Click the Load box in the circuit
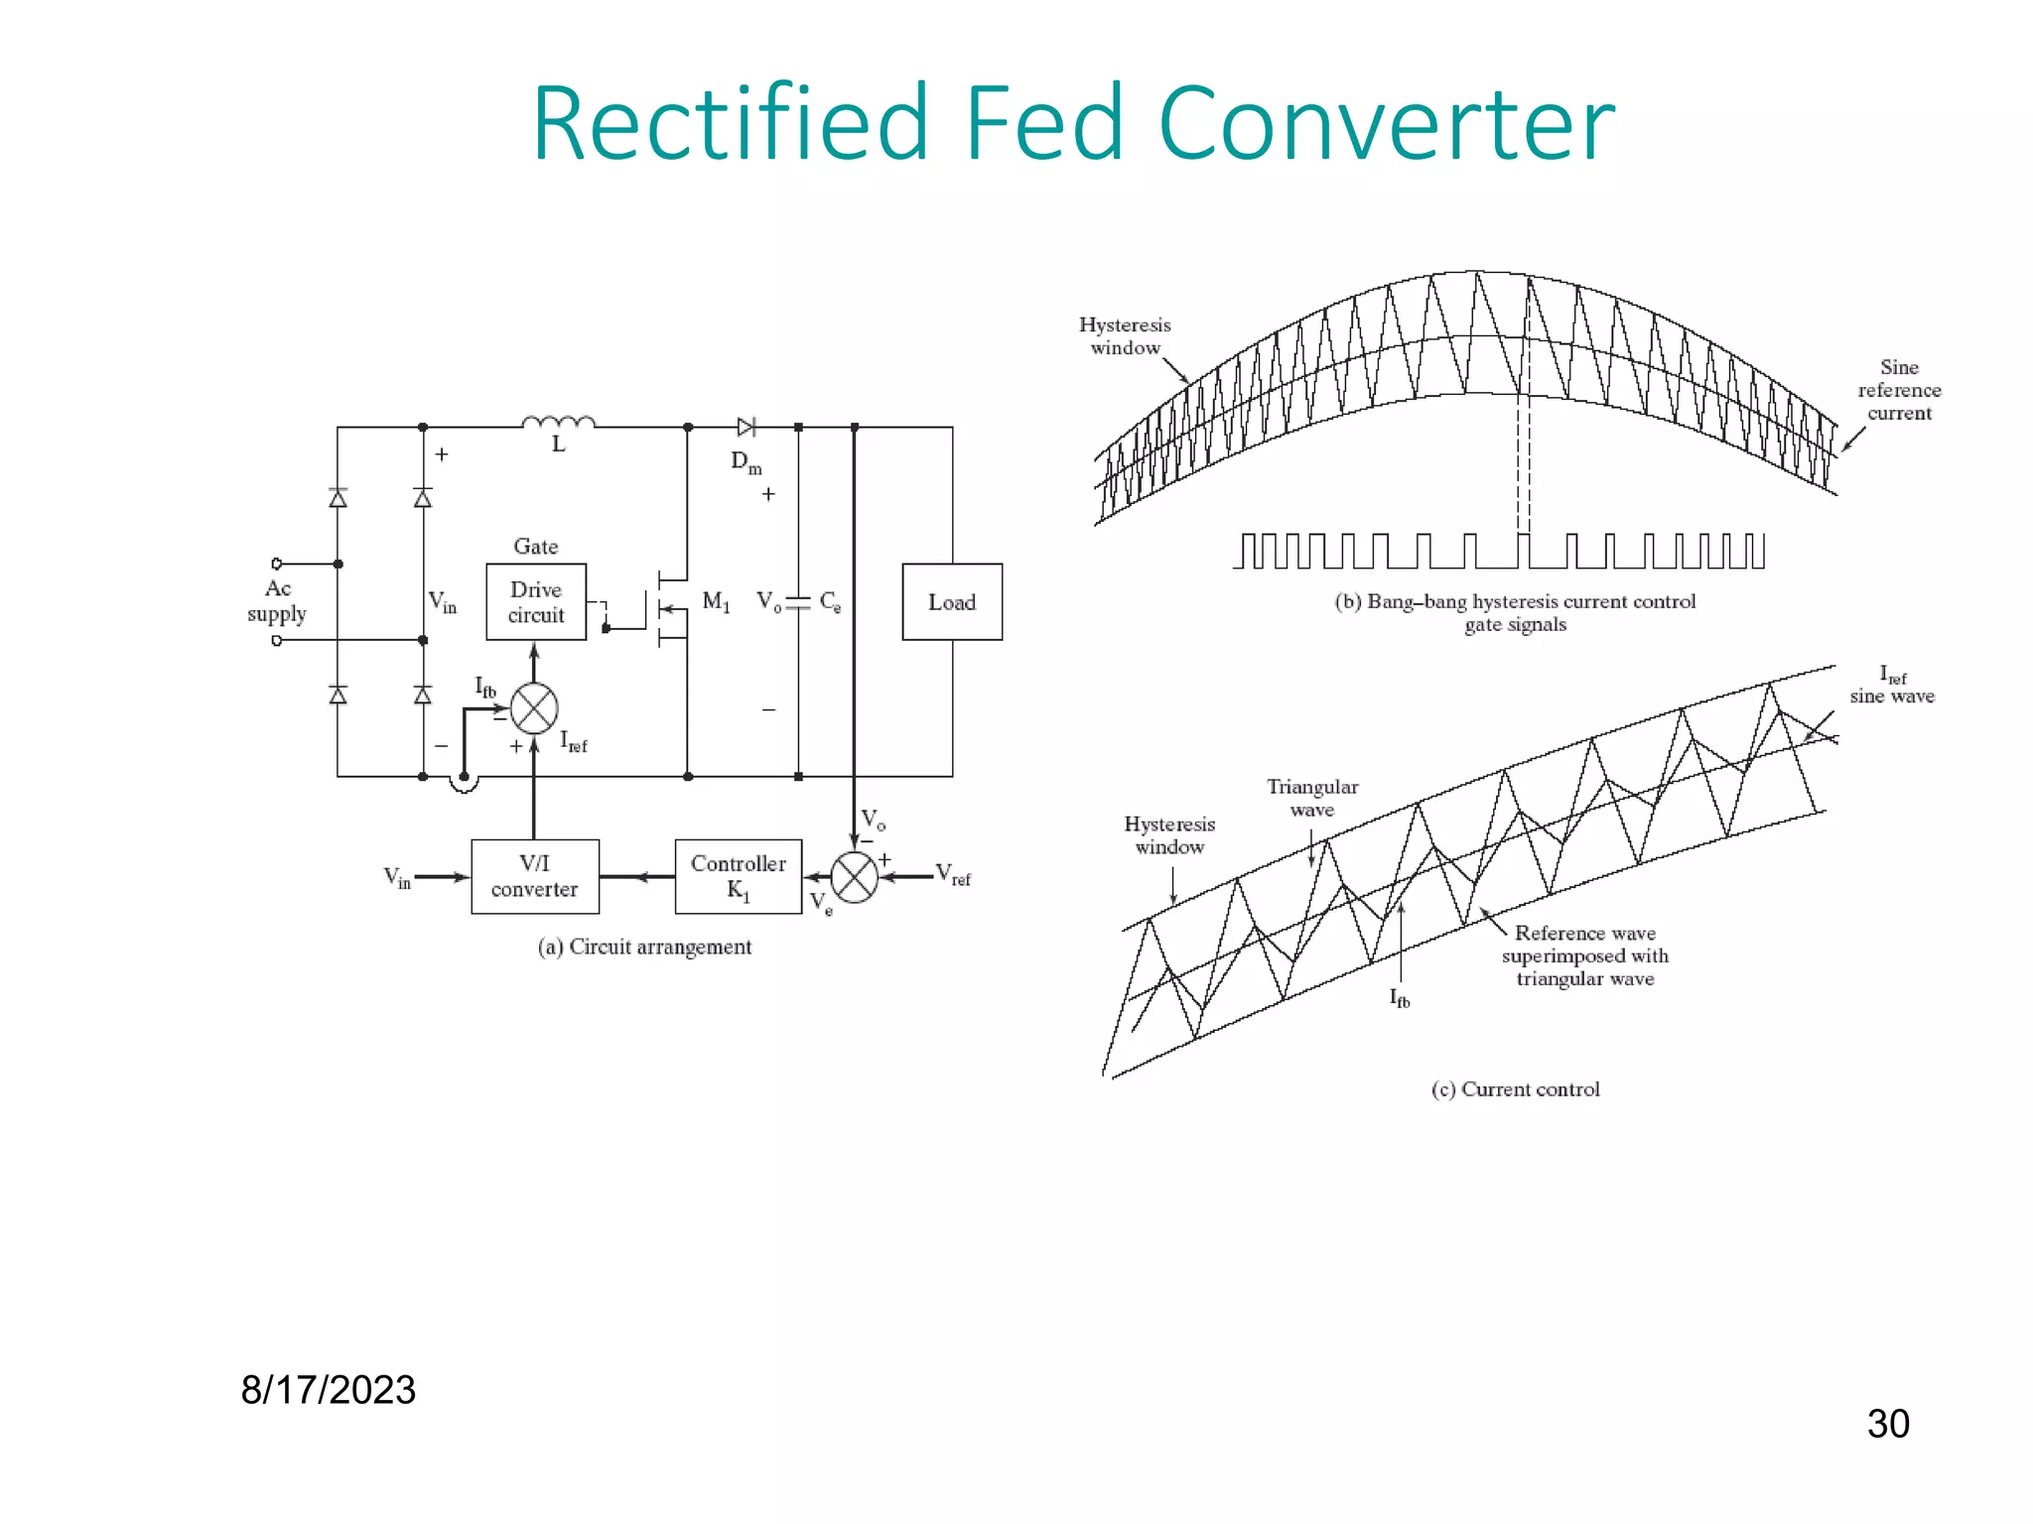click(x=951, y=602)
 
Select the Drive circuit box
click(x=536, y=602)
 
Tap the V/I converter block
click(x=535, y=876)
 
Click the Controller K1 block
click(x=738, y=876)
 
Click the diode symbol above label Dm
click(x=746, y=428)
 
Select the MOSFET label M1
click(x=716, y=601)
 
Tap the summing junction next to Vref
click(x=854, y=877)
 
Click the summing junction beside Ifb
click(x=534, y=708)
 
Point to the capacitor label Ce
click(x=830, y=602)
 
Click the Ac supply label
click(x=277, y=601)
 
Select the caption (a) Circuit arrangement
click(x=644, y=947)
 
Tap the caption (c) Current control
click(x=1515, y=1089)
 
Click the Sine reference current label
click(x=1899, y=390)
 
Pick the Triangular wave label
click(x=1312, y=798)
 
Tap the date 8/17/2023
click(x=328, y=1390)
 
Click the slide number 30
click(x=1887, y=1424)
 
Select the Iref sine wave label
click(x=1891, y=686)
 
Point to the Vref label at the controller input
click(x=953, y=874)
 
